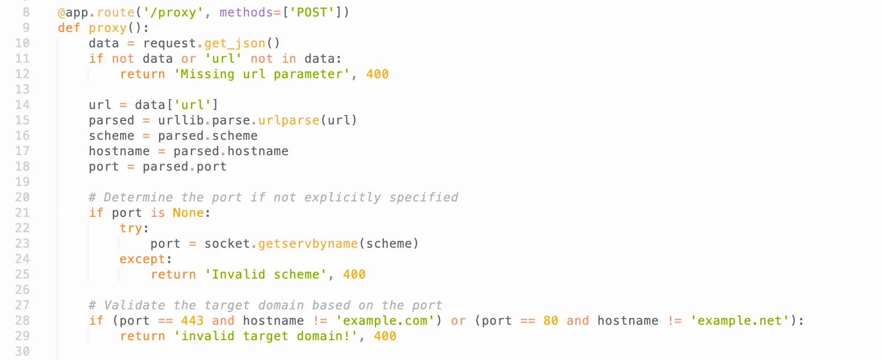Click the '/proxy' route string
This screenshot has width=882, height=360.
point(173,12)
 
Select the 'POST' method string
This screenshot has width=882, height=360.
point(312,12)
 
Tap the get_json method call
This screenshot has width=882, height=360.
point(235,43)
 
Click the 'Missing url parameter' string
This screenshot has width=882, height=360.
point(262,74)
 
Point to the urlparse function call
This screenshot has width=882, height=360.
point(289,120)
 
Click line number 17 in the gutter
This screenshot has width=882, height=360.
point(22,151)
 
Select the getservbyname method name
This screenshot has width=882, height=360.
point(308,243)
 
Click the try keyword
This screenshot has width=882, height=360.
point(131,228)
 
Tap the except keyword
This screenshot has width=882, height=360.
point(142,259)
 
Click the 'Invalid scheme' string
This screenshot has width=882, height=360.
point(265,274)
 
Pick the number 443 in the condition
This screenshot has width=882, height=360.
point(192,320)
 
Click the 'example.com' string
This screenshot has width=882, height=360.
point(385,320)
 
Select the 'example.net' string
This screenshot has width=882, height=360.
point(739,320)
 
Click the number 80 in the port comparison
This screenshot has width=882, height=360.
point(551,320)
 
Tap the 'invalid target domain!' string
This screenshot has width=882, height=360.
point(265,336)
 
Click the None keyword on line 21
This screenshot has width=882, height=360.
point(188,212)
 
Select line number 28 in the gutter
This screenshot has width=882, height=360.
point(22,320)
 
